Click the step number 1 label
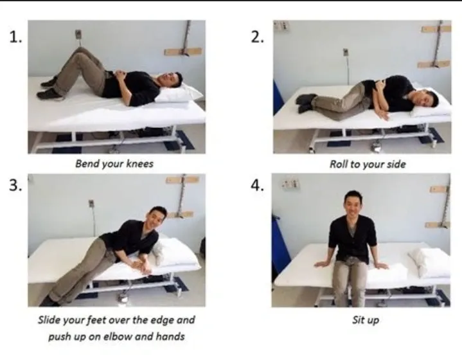(15, 37)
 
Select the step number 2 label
(257, 37)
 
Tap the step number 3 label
(15, 185)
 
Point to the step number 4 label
(257, 185)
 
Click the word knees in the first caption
(139, 163)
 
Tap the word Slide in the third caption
(46, 319)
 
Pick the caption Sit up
(366, 320)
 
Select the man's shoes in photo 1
(49, 89)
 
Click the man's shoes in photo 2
(306, 103)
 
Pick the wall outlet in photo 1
(78, 35)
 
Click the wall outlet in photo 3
(91, 203)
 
